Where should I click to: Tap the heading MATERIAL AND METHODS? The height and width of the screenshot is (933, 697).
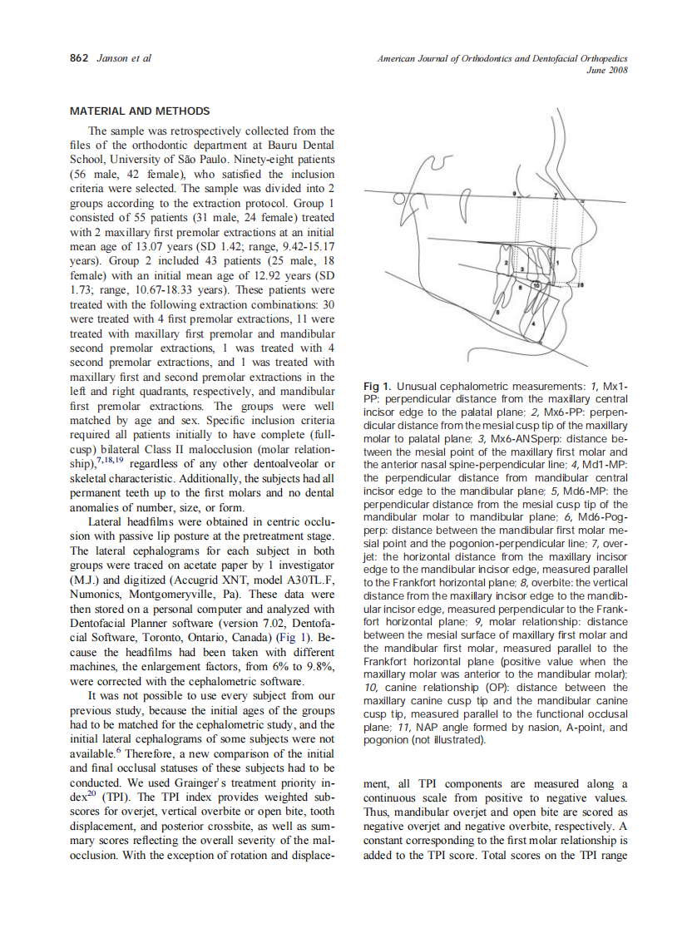(140, 111)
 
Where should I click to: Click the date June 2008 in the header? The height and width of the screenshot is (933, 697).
(606, 70)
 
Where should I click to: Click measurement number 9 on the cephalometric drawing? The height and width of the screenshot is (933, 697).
(516, 193)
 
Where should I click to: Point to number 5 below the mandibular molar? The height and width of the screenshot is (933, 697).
(497, 312)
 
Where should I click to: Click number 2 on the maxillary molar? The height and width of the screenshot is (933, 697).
(506, 263)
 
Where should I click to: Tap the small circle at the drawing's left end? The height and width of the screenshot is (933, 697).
(399, 200)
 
